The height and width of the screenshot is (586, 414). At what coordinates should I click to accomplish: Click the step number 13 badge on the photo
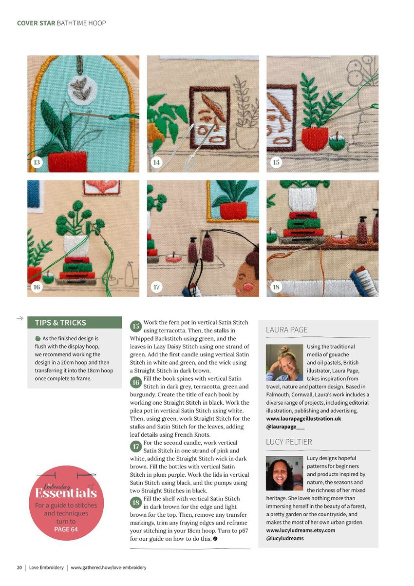(37, 162)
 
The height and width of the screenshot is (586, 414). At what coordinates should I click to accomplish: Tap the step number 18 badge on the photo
(276, 287)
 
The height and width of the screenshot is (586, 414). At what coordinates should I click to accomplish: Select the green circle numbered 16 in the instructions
(136, 383)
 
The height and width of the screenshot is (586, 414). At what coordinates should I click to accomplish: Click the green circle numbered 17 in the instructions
(136, 447)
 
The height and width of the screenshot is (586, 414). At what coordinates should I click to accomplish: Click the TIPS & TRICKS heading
(60, 323)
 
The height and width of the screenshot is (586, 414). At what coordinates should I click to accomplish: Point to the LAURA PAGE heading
(287, 330)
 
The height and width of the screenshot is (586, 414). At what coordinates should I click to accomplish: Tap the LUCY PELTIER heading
(289, 442)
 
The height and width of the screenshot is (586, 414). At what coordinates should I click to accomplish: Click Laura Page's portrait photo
(284, 362)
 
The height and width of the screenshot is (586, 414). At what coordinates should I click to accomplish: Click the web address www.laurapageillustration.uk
(303, 419)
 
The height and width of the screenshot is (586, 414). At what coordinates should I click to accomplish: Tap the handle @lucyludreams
(285, 538)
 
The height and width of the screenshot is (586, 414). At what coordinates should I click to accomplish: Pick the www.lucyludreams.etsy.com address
(301, 530)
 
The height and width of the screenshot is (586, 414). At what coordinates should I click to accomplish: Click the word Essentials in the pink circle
(66, 493)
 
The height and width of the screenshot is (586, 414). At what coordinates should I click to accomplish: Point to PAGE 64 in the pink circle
(66, 529)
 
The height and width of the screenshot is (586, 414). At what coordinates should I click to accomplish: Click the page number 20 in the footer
(19, 567)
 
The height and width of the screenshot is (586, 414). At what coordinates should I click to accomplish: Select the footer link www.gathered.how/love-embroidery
(109, 567)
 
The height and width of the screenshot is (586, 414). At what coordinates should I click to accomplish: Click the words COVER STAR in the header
(36, 23)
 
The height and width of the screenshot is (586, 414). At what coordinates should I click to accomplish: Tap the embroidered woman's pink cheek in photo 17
(247, 287)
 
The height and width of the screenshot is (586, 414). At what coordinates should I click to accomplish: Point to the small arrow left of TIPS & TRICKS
(20, 318)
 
